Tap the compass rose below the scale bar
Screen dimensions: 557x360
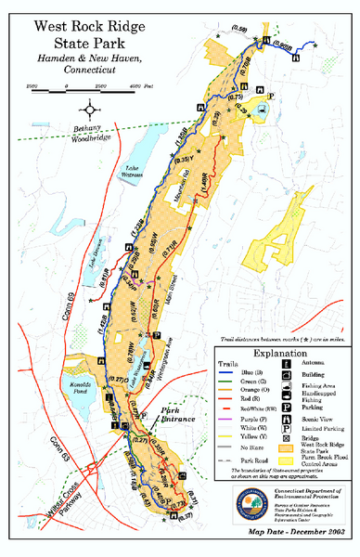tap(91, 108)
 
